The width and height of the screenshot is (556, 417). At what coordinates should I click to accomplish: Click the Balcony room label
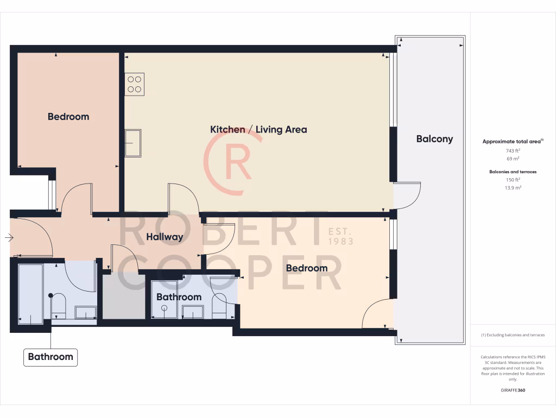pos(434,138)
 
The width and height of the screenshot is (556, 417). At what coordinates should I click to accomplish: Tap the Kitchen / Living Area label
pos(258,129)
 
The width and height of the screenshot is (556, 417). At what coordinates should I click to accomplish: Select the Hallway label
pos(165,237)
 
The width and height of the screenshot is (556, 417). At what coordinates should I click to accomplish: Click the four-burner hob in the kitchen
pos(134,84)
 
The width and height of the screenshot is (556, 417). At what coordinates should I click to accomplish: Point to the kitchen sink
pos(132,143)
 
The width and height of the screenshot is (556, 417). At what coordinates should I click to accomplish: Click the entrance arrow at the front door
pos(9,237)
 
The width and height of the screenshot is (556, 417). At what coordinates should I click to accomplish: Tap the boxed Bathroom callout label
pos(50,357)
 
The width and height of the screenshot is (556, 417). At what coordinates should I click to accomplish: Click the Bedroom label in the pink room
pos(68,116)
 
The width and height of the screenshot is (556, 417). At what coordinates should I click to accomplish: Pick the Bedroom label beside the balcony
pos(307,268)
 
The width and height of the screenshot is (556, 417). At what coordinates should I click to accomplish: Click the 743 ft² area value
pos(513,150)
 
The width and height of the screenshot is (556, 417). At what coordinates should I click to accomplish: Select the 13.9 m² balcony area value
pos(513,187)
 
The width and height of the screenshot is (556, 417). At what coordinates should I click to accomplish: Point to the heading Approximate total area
pos(513,141)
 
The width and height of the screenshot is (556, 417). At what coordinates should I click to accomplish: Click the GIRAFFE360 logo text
pos(513,390)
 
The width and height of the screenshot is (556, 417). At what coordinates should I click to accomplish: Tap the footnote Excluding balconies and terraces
pos(513,335)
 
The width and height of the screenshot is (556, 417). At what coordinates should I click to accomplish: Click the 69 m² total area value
pos(513,159)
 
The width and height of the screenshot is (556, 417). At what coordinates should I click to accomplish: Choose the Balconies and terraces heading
pos(513,172)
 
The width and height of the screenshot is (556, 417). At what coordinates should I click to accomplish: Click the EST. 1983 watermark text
pos(341,236)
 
